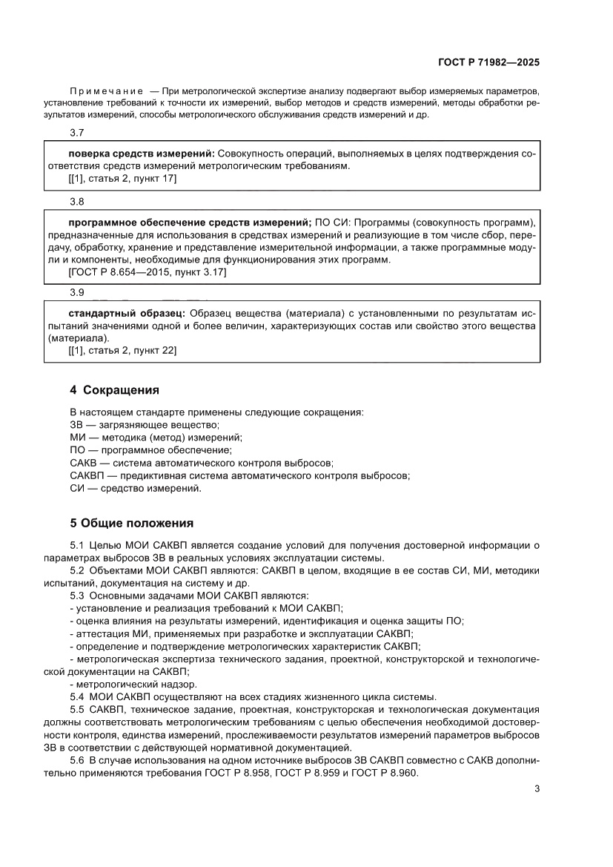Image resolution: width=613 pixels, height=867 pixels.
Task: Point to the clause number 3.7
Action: tap(76, 133)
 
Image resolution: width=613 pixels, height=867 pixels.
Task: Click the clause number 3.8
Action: tap(76, 202)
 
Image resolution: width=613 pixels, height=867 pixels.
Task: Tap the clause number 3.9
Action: tap(76, 292)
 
